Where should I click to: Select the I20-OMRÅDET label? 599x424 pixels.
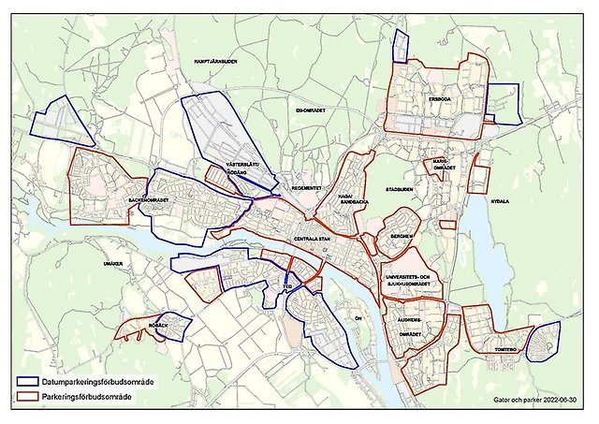309,110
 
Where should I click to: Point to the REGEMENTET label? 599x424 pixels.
306,187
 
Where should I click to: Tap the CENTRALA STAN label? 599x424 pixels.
313,240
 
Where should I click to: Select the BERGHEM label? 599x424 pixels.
402,236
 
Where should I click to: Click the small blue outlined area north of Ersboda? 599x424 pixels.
402,44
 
